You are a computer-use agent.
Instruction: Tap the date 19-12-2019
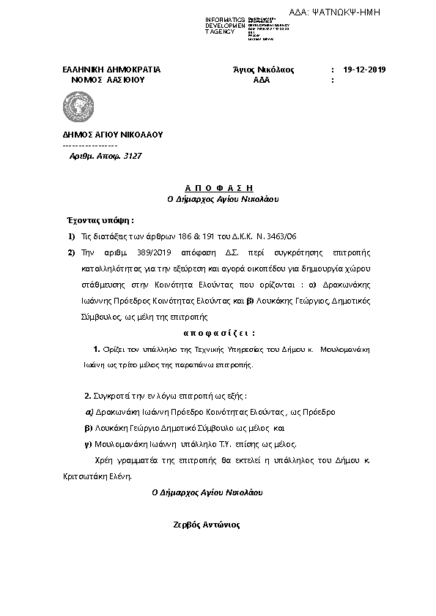364,70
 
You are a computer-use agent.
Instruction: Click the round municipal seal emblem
78,108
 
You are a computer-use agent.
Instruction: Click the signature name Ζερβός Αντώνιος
206,525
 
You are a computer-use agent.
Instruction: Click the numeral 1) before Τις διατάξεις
71,236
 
